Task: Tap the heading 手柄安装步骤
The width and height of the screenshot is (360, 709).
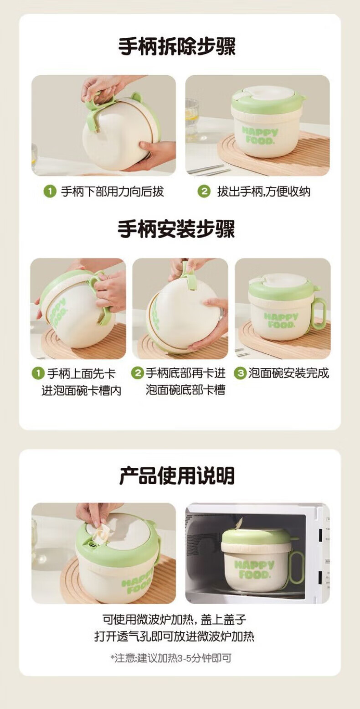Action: (x=176, y=229)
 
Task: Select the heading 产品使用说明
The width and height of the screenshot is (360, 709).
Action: (x=177, y=476)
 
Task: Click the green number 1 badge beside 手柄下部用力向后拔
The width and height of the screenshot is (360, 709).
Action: (x=50, y=191)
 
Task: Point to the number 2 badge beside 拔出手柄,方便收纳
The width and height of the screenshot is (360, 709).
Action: (x=204, y=191)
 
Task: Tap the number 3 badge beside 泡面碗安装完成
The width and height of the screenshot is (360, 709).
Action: (x=240, y=373)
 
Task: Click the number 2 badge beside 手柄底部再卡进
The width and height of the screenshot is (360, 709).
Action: (x=138, y=373)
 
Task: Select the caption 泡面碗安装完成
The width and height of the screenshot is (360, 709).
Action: (x=288, y=373)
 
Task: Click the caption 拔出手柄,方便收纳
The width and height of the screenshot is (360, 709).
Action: (x=263, y=191)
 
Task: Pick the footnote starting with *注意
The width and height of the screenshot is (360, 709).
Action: (x=171, y=658)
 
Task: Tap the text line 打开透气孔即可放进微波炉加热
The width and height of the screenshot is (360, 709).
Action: (x=175, y=636)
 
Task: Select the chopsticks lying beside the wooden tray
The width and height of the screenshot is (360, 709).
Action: (x=207, y=169)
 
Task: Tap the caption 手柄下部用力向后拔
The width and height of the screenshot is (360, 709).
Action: (x=112, y=191)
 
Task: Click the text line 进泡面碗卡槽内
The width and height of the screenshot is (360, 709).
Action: (x=82, y=390)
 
